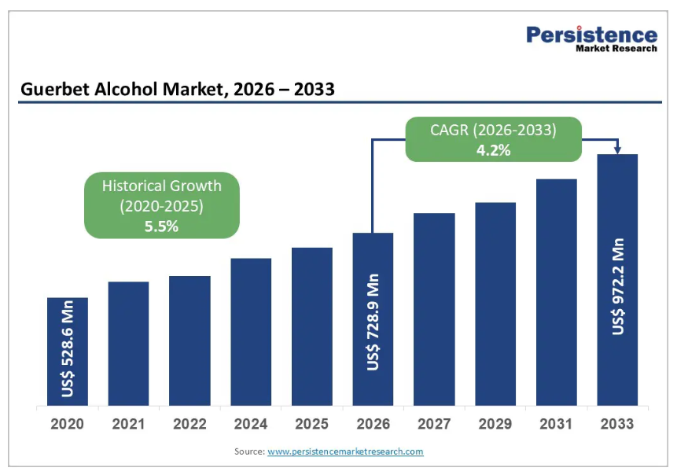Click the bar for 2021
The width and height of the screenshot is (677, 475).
point(128,344)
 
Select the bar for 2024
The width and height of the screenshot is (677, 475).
point(251,332)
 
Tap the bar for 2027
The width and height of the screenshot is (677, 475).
point(434,309)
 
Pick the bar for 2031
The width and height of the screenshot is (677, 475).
point(556,293)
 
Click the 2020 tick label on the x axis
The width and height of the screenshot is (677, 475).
point(68,425)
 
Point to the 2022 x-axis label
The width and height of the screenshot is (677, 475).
point(189,425)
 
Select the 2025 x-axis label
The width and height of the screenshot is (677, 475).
point(312,425)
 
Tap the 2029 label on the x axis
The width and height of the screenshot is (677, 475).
point(495,425)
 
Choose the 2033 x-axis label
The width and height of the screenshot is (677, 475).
point(617,425)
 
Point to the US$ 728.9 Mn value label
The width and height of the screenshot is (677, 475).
point(373,322)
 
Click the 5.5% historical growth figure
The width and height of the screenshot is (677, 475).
point(162,226)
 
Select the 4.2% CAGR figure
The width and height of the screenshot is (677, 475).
point(494,149)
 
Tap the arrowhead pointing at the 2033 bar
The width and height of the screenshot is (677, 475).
point(618,150)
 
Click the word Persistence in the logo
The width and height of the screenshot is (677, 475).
point(591,35)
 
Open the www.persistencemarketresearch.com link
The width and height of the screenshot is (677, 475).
point(345,451)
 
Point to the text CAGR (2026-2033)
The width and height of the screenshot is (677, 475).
point(494,130)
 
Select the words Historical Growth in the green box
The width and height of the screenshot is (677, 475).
point(162,186)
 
